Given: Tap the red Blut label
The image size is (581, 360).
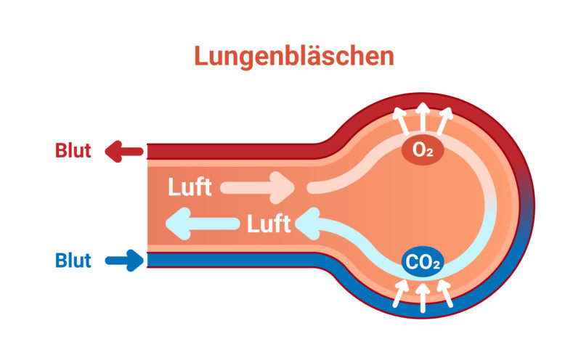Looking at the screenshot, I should point(73,151).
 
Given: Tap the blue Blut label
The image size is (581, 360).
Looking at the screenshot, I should point(73,260).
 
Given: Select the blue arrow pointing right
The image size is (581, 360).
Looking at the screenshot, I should point(125,260).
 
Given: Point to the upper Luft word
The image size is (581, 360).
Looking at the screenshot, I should point(190,187).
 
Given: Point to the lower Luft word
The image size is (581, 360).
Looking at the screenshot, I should point(269,224).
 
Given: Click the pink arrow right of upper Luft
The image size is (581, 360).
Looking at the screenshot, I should point(257,187).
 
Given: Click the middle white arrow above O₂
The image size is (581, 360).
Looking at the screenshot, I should point(423,118).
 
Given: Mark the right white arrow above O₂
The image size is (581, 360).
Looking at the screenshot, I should point(445,121).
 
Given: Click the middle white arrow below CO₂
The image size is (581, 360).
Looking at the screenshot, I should point(423,296).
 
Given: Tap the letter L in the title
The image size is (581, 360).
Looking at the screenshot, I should point(201,57).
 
